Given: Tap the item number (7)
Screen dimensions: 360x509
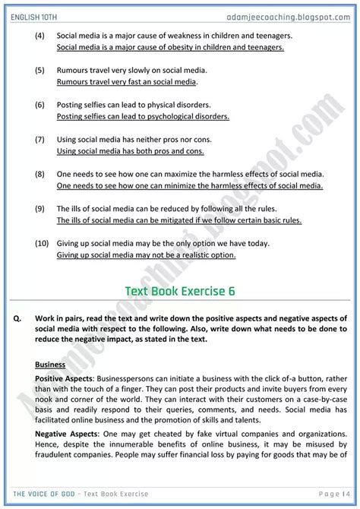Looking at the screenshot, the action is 40,140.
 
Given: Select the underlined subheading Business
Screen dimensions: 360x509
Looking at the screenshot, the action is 50,364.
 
